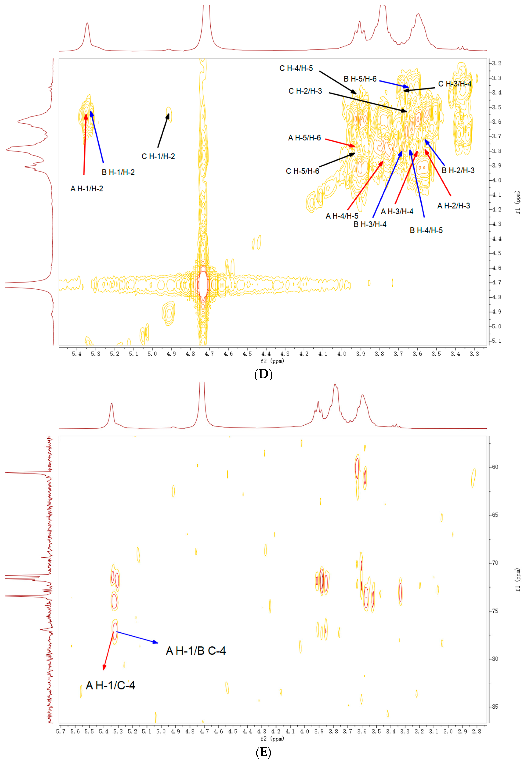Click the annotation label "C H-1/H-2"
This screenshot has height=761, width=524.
[x=158, y=157]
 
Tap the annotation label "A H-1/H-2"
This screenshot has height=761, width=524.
[x=87, y=189]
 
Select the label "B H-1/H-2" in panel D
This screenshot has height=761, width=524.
[x=118, y=172]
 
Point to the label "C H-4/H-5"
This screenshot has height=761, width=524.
[x=296, y=68]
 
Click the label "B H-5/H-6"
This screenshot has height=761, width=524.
[x=360, y=79]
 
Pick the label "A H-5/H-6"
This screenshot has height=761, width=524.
[x=304, y=138]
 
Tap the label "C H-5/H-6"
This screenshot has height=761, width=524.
[x=302, y=171]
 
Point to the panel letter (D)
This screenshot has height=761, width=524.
[x=263, y=374]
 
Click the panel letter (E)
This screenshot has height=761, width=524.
[x=263, y=752]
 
